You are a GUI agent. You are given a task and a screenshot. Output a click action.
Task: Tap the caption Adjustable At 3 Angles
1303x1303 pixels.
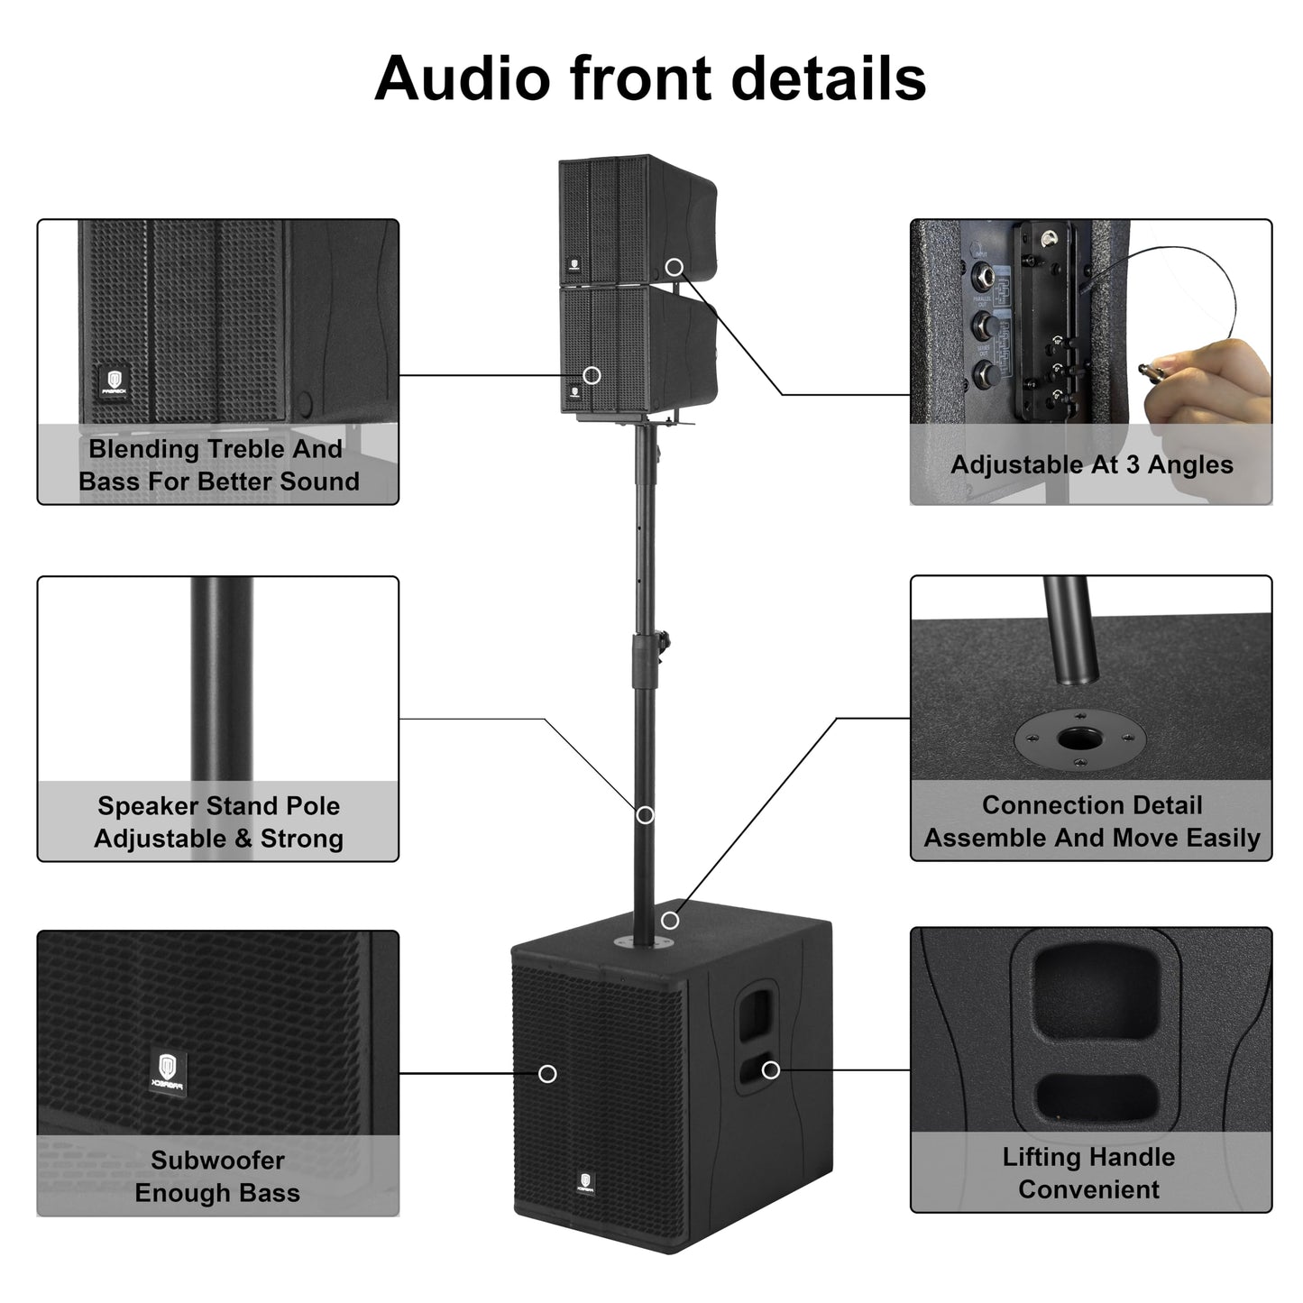(1091, 465)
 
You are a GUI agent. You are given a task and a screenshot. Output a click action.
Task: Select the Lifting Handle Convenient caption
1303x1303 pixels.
(1089, 1173)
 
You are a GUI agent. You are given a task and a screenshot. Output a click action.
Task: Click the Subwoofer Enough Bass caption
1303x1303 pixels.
(217, 1177)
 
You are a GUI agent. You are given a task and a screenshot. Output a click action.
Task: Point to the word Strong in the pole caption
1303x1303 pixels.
(302, 839)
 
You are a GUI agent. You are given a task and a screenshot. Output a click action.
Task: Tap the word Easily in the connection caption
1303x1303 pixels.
(1222, 838)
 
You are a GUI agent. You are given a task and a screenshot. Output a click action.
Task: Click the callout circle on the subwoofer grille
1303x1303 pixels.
(546, 1074)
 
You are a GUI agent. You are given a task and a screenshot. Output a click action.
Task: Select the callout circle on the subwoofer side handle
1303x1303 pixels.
(770, 1069)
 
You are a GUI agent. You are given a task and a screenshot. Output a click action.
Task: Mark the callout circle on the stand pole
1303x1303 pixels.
(645, 815)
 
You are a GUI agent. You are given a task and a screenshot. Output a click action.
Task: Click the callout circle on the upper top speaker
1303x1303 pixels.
(674, 266)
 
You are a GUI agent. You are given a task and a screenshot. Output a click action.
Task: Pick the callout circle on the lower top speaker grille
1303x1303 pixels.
(592, 375)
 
